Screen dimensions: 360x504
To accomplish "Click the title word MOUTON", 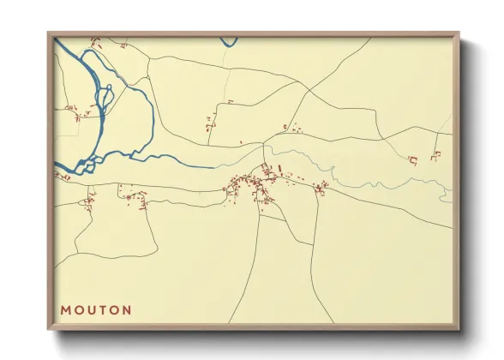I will [95, 309].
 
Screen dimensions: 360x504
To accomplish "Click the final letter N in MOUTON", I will [127, 309].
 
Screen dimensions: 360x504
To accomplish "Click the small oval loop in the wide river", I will [105, 97].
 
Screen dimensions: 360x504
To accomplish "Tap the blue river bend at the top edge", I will [228, 40].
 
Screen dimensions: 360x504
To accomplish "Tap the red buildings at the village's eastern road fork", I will [321, 189].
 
